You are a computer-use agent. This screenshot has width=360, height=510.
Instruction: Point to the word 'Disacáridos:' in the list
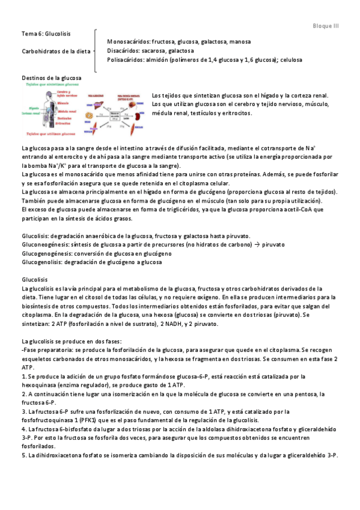[x=124, y=51]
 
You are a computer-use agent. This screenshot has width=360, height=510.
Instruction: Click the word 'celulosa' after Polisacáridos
[x=290, y=60]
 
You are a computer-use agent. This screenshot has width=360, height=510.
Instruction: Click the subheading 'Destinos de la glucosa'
[x=51, y=78]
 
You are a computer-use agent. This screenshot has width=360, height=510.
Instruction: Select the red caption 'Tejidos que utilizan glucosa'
[x=49, y=134]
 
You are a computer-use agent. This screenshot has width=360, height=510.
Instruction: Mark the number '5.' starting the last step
[x=24, y=456]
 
